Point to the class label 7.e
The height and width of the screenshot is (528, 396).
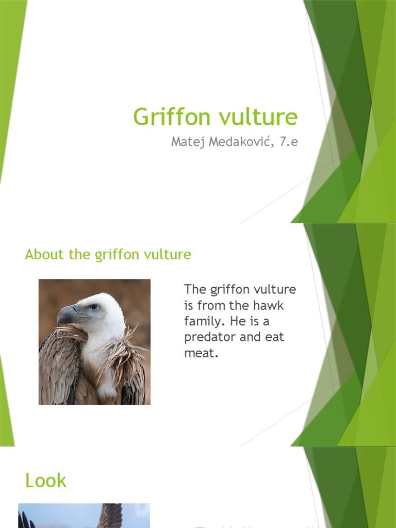point(289,142)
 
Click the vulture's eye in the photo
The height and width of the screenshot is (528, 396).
point(93,307)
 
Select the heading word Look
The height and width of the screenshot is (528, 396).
point(46,481)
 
